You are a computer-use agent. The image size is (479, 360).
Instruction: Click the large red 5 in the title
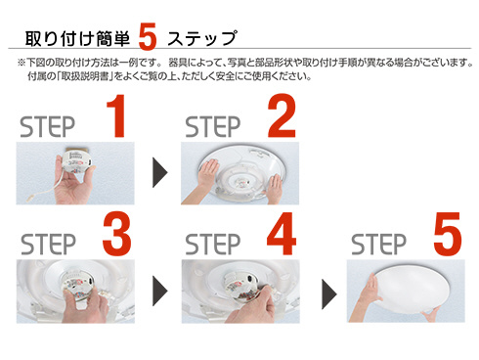[148, 36]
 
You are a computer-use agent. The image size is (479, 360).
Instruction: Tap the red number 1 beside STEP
[116, 115]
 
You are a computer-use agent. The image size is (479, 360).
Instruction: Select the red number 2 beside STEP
[282, 115]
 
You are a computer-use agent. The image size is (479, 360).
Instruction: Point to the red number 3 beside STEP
[117, 233]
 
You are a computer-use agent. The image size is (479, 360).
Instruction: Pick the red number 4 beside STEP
[282, 234]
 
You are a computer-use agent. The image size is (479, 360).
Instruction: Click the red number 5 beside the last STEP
[448, 234]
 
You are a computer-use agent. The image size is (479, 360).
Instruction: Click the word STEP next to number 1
[48, 127]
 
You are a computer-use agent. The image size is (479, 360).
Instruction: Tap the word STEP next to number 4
[213, 245]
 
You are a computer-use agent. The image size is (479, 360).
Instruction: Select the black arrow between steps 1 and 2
[160, 172]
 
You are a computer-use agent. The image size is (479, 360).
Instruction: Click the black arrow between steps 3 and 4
[160, 291]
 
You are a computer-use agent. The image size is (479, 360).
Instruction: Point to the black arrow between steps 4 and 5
[329, 294]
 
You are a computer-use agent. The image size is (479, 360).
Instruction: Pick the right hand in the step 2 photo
[275, 189]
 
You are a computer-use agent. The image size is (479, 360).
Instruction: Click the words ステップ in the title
[202, 38]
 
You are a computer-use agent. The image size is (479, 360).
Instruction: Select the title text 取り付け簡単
[77, 38]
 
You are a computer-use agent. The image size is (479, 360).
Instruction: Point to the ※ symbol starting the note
[22, 63]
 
